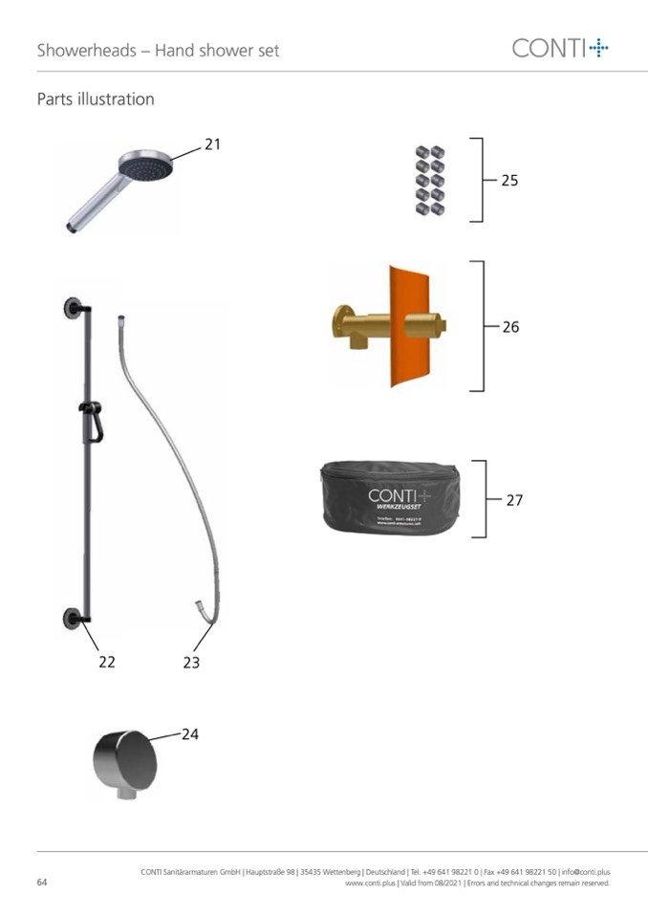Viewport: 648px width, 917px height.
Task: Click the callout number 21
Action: (x=212, y=144)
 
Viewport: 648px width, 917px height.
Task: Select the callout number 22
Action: (x=107, y=662)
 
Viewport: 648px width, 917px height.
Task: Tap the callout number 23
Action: (x=191, y=662)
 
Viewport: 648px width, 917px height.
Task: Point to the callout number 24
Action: (x=190, y=734)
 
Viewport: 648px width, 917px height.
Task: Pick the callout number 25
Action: (x=509, y=180)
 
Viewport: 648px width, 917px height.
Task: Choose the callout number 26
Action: (x=510, y=327)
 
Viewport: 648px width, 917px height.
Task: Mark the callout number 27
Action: (x=514, y=500)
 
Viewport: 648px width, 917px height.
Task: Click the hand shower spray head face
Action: (x=146, y=170)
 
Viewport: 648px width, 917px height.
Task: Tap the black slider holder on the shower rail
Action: (x=91, y=420)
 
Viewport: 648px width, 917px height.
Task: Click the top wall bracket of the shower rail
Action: (x=73, y=308)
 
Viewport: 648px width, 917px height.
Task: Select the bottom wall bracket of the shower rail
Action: (x=72, y=617)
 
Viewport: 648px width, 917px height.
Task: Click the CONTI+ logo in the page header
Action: (x=560, y=48)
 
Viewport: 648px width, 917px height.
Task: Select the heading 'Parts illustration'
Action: (x=96, y=99)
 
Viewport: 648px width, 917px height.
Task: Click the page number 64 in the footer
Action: (x=42, y=883)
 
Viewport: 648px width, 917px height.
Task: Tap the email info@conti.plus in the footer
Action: (x=586, y=872)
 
